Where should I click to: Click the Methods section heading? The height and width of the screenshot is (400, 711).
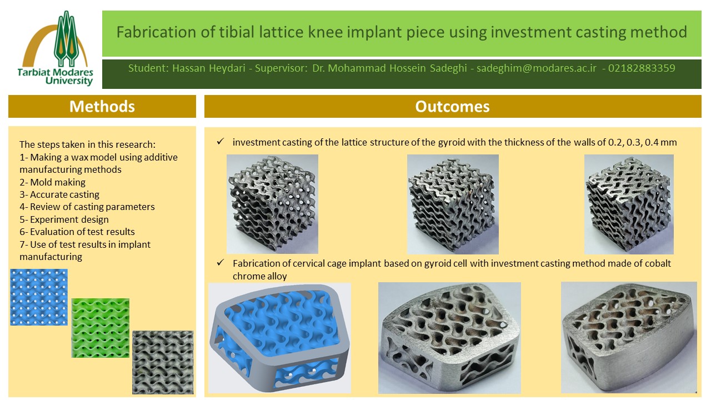[x=102, y=106]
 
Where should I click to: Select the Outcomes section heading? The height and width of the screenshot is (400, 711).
[x=452, y=106]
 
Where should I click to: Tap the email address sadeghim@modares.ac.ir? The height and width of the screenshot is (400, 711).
[x=537, y=68]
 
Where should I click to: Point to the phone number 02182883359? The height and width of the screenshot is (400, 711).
[x=642, y=68]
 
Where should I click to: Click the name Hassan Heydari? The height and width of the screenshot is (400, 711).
[x=209, y=68]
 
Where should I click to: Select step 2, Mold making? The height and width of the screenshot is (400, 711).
[x=53, y=182]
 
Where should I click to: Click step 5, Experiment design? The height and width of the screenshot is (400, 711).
[x=64, y=219]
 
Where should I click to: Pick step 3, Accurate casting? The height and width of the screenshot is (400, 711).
[x=59, y=194]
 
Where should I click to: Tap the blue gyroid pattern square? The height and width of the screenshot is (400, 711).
[x=39, y=297]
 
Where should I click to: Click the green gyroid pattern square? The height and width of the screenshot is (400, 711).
[x=101, y=328]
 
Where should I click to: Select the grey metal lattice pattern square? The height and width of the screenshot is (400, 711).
[x=163, y=362]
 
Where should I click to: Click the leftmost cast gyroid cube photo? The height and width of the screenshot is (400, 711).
[x=272, y=204]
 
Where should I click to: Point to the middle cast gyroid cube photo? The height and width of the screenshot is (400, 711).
[x=453, y=204]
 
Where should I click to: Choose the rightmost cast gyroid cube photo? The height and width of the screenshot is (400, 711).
[x=629, y=204]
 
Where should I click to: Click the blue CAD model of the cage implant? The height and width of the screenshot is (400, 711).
[x=279, y=338]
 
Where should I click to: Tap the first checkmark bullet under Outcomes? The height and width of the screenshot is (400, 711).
[x=221, y=141]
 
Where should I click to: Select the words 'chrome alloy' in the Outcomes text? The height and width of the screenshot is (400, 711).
[x=259, y=276]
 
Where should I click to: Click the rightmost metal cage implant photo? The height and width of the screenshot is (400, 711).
[x=629, y=337]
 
